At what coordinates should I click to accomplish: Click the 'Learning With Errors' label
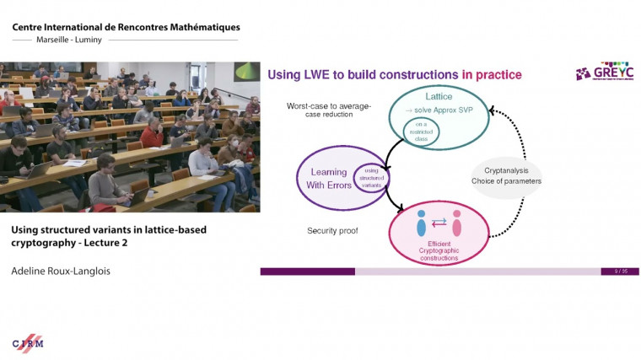coord(323,178)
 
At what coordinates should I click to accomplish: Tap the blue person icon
coord(422,223)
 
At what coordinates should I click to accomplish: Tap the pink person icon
coord(457,223)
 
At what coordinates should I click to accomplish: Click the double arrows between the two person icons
coord(439,223)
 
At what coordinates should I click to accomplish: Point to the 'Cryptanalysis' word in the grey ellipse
coord(507,169)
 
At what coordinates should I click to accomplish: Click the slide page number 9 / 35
coord(620,271)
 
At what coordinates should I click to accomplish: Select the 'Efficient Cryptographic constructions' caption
coord(440,250)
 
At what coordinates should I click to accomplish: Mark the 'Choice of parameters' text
coord(507,181)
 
